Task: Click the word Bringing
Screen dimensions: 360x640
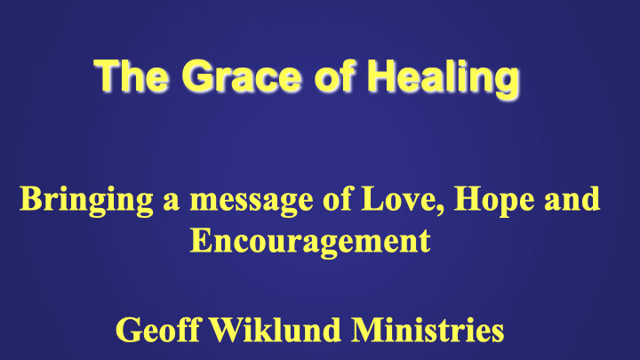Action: click(75, 198)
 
